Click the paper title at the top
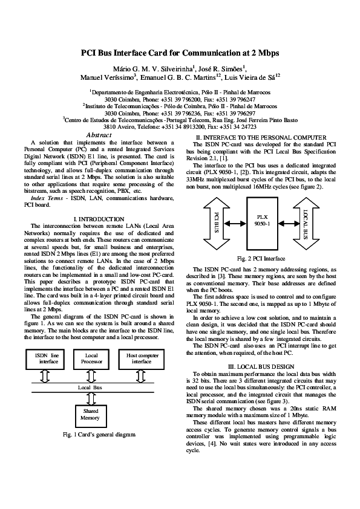click(180, 53)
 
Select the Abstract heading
click(99, 135)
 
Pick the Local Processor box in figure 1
click(91, 359)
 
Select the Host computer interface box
click(142, 359)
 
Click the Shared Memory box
click(91, 414)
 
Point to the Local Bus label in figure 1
click(91, 386)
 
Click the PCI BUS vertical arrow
click(216, 222)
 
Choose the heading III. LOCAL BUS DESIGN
click(261, 367)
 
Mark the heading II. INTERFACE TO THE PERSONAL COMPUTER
click(261, 138)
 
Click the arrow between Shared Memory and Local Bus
click(91, 397)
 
